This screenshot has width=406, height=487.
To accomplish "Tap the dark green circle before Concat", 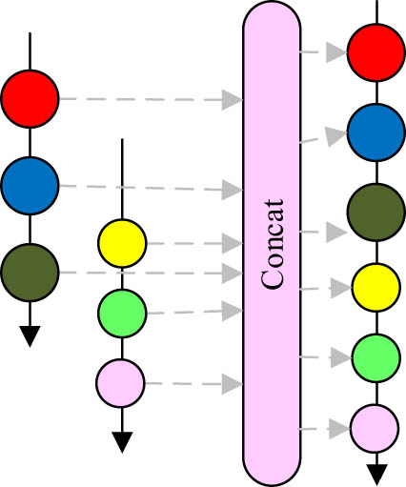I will coord(30,272).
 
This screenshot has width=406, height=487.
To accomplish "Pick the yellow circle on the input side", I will coord(123,243).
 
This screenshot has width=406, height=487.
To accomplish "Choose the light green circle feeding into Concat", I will coord(123,310).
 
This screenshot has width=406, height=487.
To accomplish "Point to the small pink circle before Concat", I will coord(121,384).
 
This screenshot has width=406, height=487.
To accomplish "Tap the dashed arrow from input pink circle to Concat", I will coord(191,384).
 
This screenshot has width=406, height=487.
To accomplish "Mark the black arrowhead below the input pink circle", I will coord(121,441).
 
